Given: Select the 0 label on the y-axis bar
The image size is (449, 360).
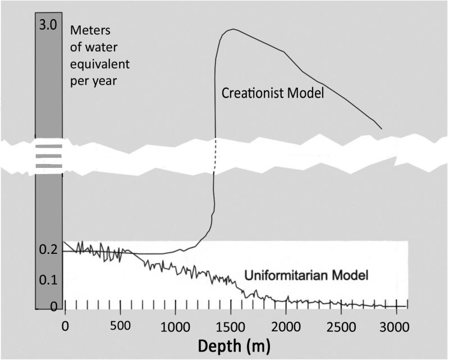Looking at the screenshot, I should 53,307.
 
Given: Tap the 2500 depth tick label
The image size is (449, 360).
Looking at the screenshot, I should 342,326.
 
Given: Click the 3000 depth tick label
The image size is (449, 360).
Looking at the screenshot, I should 397,326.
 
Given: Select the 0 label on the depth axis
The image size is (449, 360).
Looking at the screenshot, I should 65,326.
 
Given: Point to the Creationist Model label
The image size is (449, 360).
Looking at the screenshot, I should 273,93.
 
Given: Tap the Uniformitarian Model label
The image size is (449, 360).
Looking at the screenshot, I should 306,275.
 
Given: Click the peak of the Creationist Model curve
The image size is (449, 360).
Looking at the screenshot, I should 231,29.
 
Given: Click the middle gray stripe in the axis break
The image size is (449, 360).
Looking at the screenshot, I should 48,157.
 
